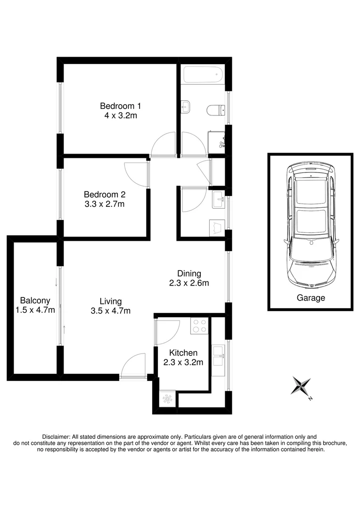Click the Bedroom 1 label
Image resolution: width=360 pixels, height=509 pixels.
tap(120, 106)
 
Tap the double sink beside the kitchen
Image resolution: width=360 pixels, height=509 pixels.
tap(218, 356)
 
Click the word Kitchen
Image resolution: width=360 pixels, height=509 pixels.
tap(183, 353)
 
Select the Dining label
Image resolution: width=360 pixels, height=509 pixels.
tap(189, 273)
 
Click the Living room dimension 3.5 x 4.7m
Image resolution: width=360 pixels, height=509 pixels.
tap(110, 311)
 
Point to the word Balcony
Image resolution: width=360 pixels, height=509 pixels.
tap(35, 300)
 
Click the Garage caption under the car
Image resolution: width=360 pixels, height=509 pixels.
tap(311, 298)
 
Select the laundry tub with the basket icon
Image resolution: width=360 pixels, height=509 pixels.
tap(217, 227)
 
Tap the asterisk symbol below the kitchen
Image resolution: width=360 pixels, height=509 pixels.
tap(167, 399)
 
